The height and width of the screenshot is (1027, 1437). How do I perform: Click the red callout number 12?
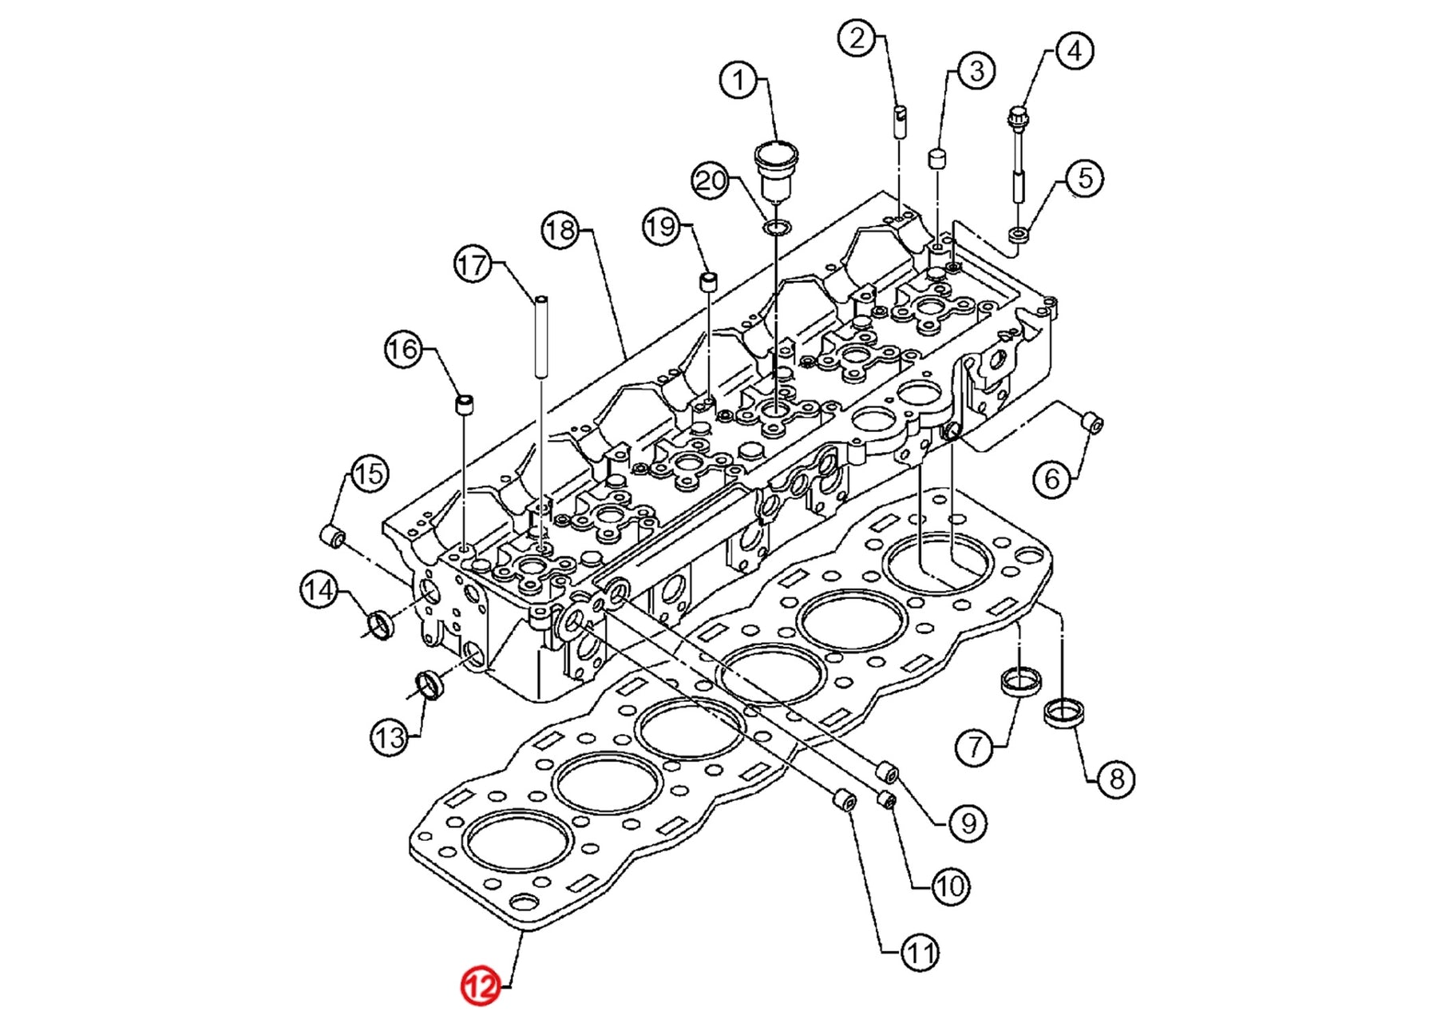click(480, 986)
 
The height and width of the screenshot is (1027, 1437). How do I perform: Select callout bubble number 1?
click(738, 80)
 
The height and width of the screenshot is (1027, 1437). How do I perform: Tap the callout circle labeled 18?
click(560, 230)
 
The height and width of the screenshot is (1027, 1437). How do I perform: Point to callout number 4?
click(1074, 50)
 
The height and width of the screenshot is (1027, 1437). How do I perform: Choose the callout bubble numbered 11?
click(919, 952)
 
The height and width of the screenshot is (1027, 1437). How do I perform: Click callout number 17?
click(473, 264)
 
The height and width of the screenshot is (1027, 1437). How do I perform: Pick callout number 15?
click(369, 474)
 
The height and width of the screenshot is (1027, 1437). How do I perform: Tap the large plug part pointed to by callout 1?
click(775, 168)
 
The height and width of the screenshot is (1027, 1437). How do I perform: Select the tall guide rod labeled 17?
click(541, 335)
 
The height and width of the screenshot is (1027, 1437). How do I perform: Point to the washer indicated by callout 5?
click(1019, 235)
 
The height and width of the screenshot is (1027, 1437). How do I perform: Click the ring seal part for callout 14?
click(381, 625)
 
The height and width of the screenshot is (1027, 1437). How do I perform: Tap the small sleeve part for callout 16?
click(464, 404)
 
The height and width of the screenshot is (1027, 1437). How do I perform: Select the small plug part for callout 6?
click(1091, 422)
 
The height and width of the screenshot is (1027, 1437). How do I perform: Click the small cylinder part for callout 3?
click(937, 157)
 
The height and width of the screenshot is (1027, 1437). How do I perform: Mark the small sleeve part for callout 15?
click(333, 537)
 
